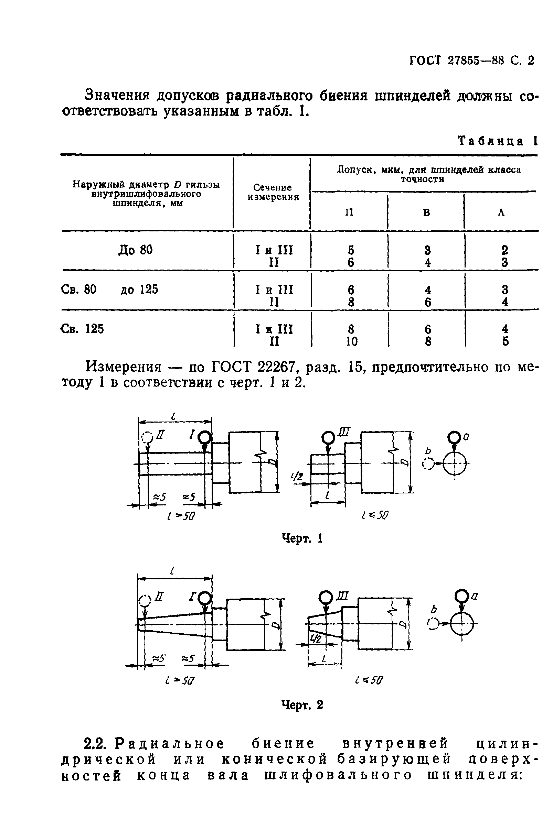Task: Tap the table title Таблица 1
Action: [x=497, y=141]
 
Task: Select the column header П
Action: [x=349, y=212]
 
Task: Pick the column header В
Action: [x=426, y=212]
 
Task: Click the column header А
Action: [x=501, y=212]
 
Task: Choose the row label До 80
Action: [x=136, y=250]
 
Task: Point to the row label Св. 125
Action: [x=82, y=329]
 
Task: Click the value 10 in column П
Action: [x=351, y=341]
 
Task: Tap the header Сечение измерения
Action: [x=273, y=193]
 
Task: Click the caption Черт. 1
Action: [x=302, y=538]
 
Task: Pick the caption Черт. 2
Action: [x=302, y=705]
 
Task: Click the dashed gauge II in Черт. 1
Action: [x=147, y=438]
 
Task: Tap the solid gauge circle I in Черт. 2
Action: [x=204, y=598]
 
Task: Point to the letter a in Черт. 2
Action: [x=474, y=596]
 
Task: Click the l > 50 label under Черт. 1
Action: [x=181, y=517]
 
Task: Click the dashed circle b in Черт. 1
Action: [x=428, y=464]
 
